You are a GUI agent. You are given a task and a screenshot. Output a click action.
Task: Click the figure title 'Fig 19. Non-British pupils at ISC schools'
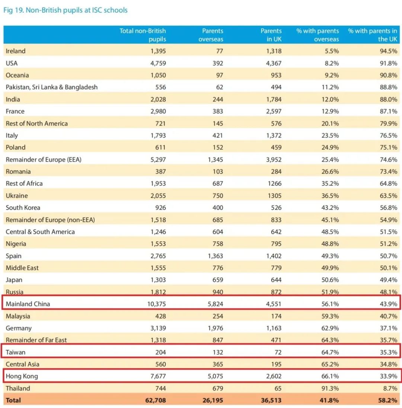pos(66,10)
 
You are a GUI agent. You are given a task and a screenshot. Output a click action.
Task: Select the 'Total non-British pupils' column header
pos(143,35)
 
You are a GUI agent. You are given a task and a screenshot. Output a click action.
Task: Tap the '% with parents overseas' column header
pos(318,35)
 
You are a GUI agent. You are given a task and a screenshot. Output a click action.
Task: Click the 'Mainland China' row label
pos(28,304)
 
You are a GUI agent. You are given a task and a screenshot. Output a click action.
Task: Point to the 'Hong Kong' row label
pos(22,376)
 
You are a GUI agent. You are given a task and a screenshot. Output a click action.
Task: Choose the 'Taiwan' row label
pos(16,352)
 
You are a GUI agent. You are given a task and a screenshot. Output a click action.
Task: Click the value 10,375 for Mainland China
pos(156,304)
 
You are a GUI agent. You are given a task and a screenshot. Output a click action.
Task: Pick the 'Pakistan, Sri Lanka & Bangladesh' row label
pos(52,87)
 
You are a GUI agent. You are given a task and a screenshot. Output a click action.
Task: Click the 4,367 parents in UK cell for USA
pos(273,63)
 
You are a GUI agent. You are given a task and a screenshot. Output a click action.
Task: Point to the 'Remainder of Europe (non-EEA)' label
pos(50,220)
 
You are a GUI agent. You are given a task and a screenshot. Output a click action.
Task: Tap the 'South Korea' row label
pos(23,207)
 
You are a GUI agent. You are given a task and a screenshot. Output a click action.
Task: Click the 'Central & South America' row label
pos(40,232)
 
